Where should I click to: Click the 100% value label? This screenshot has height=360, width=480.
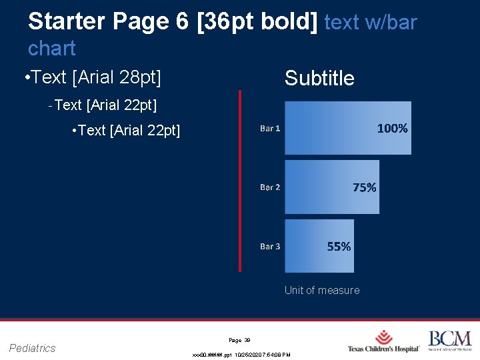coord(392,129)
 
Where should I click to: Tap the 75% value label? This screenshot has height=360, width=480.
coord(364,187)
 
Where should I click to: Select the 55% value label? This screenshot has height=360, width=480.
coord(339,247)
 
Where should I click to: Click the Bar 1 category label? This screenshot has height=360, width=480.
coord(270,129)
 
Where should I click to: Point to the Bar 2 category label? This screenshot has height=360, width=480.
coord(270,187)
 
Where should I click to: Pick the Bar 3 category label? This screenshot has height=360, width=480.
coord(270,247)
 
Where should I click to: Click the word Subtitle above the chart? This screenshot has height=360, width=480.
coord(319,79)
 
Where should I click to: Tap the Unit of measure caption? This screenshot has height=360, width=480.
coord(321,290)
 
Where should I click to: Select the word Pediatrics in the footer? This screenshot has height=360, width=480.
coord(32,348)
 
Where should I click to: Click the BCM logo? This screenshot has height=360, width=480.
coord(449,340)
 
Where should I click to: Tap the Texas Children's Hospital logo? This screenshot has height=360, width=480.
coord(383,341)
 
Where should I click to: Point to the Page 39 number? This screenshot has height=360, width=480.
coord(239,340)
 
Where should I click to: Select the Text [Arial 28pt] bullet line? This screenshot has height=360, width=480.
coord(92,77)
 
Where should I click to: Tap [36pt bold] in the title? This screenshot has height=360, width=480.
coord(257,22)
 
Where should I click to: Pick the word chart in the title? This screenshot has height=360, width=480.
coord(52,48)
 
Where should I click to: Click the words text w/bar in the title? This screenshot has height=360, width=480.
coord(371,22)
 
